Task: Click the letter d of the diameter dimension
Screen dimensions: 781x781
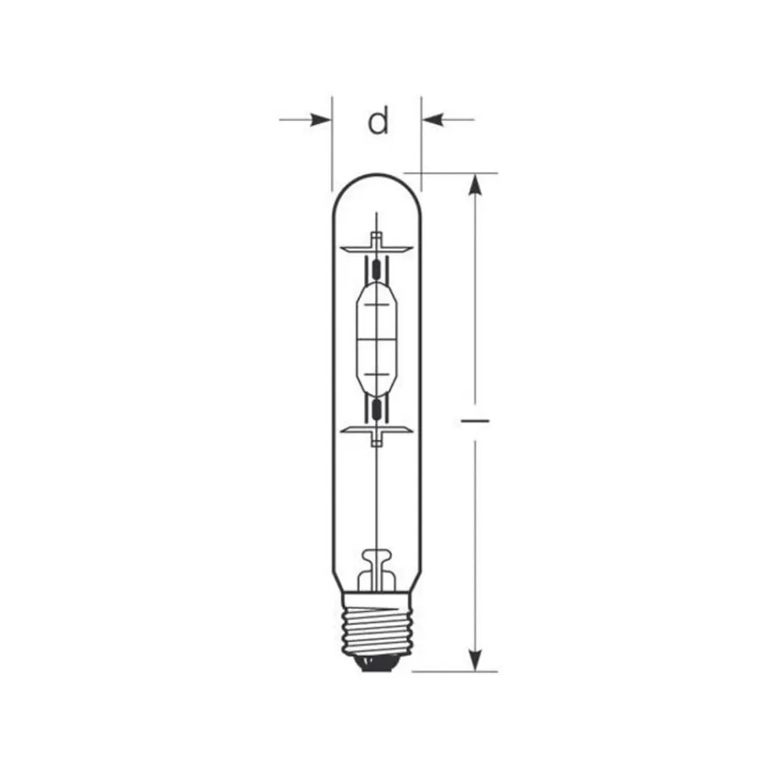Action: (x=378, y=121)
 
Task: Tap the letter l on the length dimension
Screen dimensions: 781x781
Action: (x=475, y=420)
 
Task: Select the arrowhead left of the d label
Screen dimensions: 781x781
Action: (x=321, y=119)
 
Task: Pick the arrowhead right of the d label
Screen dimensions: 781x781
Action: (x=432, y=119)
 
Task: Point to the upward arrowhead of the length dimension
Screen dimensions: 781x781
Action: (x=474, y=186)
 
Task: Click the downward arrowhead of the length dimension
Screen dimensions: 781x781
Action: (x=474, y=659)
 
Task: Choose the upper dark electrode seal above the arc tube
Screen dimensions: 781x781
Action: (x=376, y=270)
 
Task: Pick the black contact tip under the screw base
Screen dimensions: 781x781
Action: (x=376, y=664)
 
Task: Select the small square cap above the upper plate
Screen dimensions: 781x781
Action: (x=376, y=237)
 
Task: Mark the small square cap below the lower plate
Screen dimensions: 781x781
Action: (x=376, y=441)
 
